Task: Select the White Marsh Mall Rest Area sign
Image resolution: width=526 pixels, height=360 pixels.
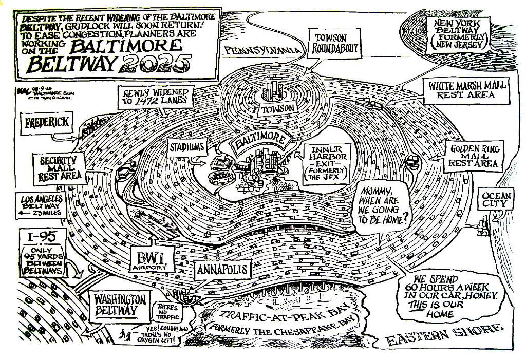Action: [466, 90]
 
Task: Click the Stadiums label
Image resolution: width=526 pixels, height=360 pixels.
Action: [187, 147]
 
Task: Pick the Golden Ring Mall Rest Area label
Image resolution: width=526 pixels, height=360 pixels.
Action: [474, 155]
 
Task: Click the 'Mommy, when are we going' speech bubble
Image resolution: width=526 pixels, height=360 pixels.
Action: [384, 208]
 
